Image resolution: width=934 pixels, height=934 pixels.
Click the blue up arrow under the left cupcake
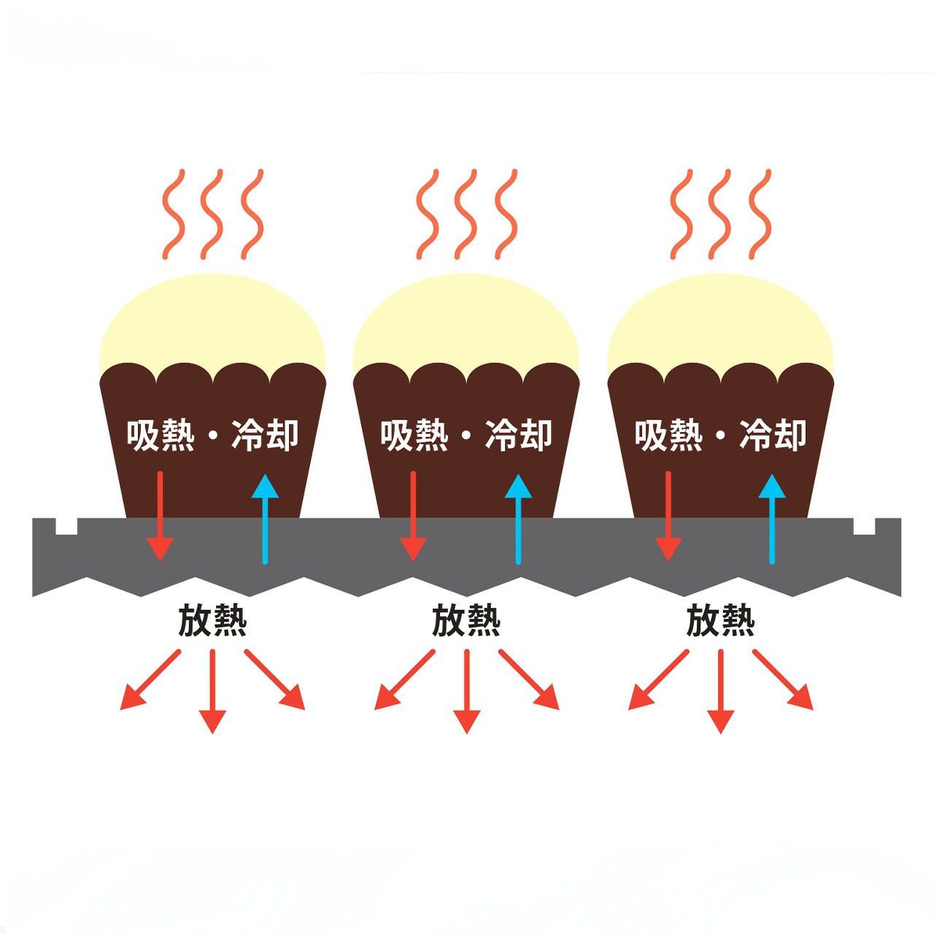point(265,519)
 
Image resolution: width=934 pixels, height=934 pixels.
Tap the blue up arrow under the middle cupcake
point(518,519)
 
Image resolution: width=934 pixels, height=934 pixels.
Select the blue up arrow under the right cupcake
point(771,519)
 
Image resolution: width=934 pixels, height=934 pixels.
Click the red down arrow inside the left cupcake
point(160,516)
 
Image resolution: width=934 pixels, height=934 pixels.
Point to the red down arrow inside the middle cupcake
point(413,516)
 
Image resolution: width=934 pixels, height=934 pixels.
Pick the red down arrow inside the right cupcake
point(668,516)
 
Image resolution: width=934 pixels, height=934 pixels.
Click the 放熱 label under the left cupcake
point(212,620)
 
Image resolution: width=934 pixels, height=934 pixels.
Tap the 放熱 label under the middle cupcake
point(466,620)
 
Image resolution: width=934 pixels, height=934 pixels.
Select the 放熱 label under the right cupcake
point(720,620)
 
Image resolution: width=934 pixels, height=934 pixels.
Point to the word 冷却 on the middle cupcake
point(519,435)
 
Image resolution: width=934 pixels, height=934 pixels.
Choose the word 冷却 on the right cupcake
point(773,435)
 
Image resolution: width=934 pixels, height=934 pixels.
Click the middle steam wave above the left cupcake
point(212,214)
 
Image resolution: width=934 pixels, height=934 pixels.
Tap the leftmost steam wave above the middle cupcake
point(428,214)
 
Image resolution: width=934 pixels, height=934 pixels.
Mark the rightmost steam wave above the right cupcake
point(760,214)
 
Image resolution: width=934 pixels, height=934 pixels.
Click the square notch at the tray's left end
point(66,526)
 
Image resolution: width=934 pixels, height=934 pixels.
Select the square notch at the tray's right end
point(864,526)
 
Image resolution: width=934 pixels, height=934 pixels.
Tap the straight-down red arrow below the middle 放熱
point(466,692)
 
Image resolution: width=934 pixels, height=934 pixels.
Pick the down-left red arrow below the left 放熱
point(150,680)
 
